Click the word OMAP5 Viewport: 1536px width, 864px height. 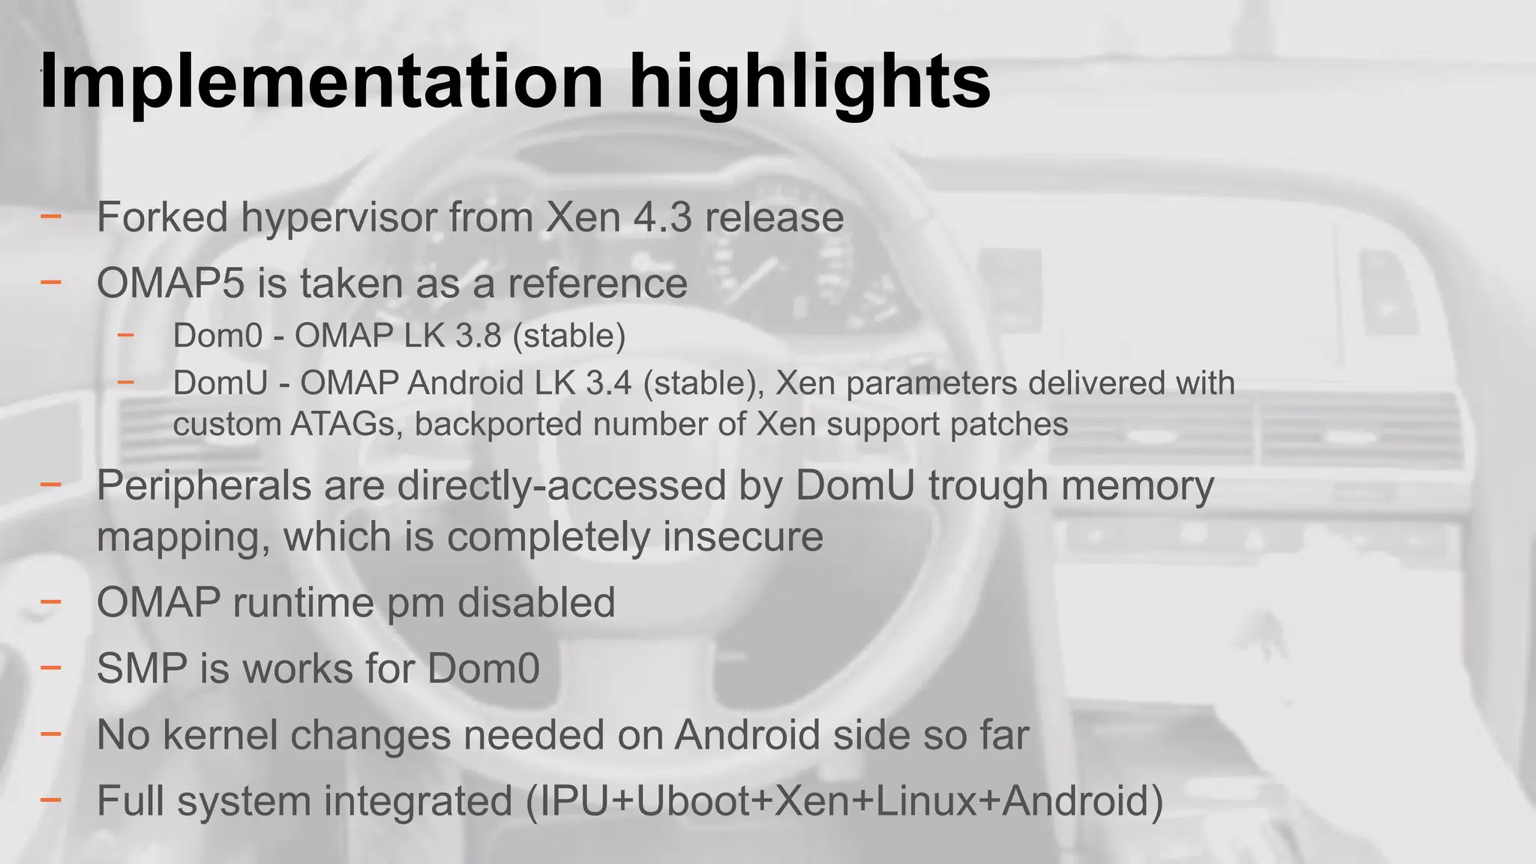170,283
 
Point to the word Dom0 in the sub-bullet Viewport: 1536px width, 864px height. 217,335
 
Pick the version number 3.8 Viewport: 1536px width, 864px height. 478,335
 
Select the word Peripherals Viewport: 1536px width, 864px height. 204,485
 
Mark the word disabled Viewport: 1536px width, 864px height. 536,602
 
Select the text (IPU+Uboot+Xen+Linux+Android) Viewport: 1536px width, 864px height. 844,800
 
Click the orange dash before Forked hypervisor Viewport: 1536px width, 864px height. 51,217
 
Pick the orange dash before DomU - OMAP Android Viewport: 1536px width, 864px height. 125,382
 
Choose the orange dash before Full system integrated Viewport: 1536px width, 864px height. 51,800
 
